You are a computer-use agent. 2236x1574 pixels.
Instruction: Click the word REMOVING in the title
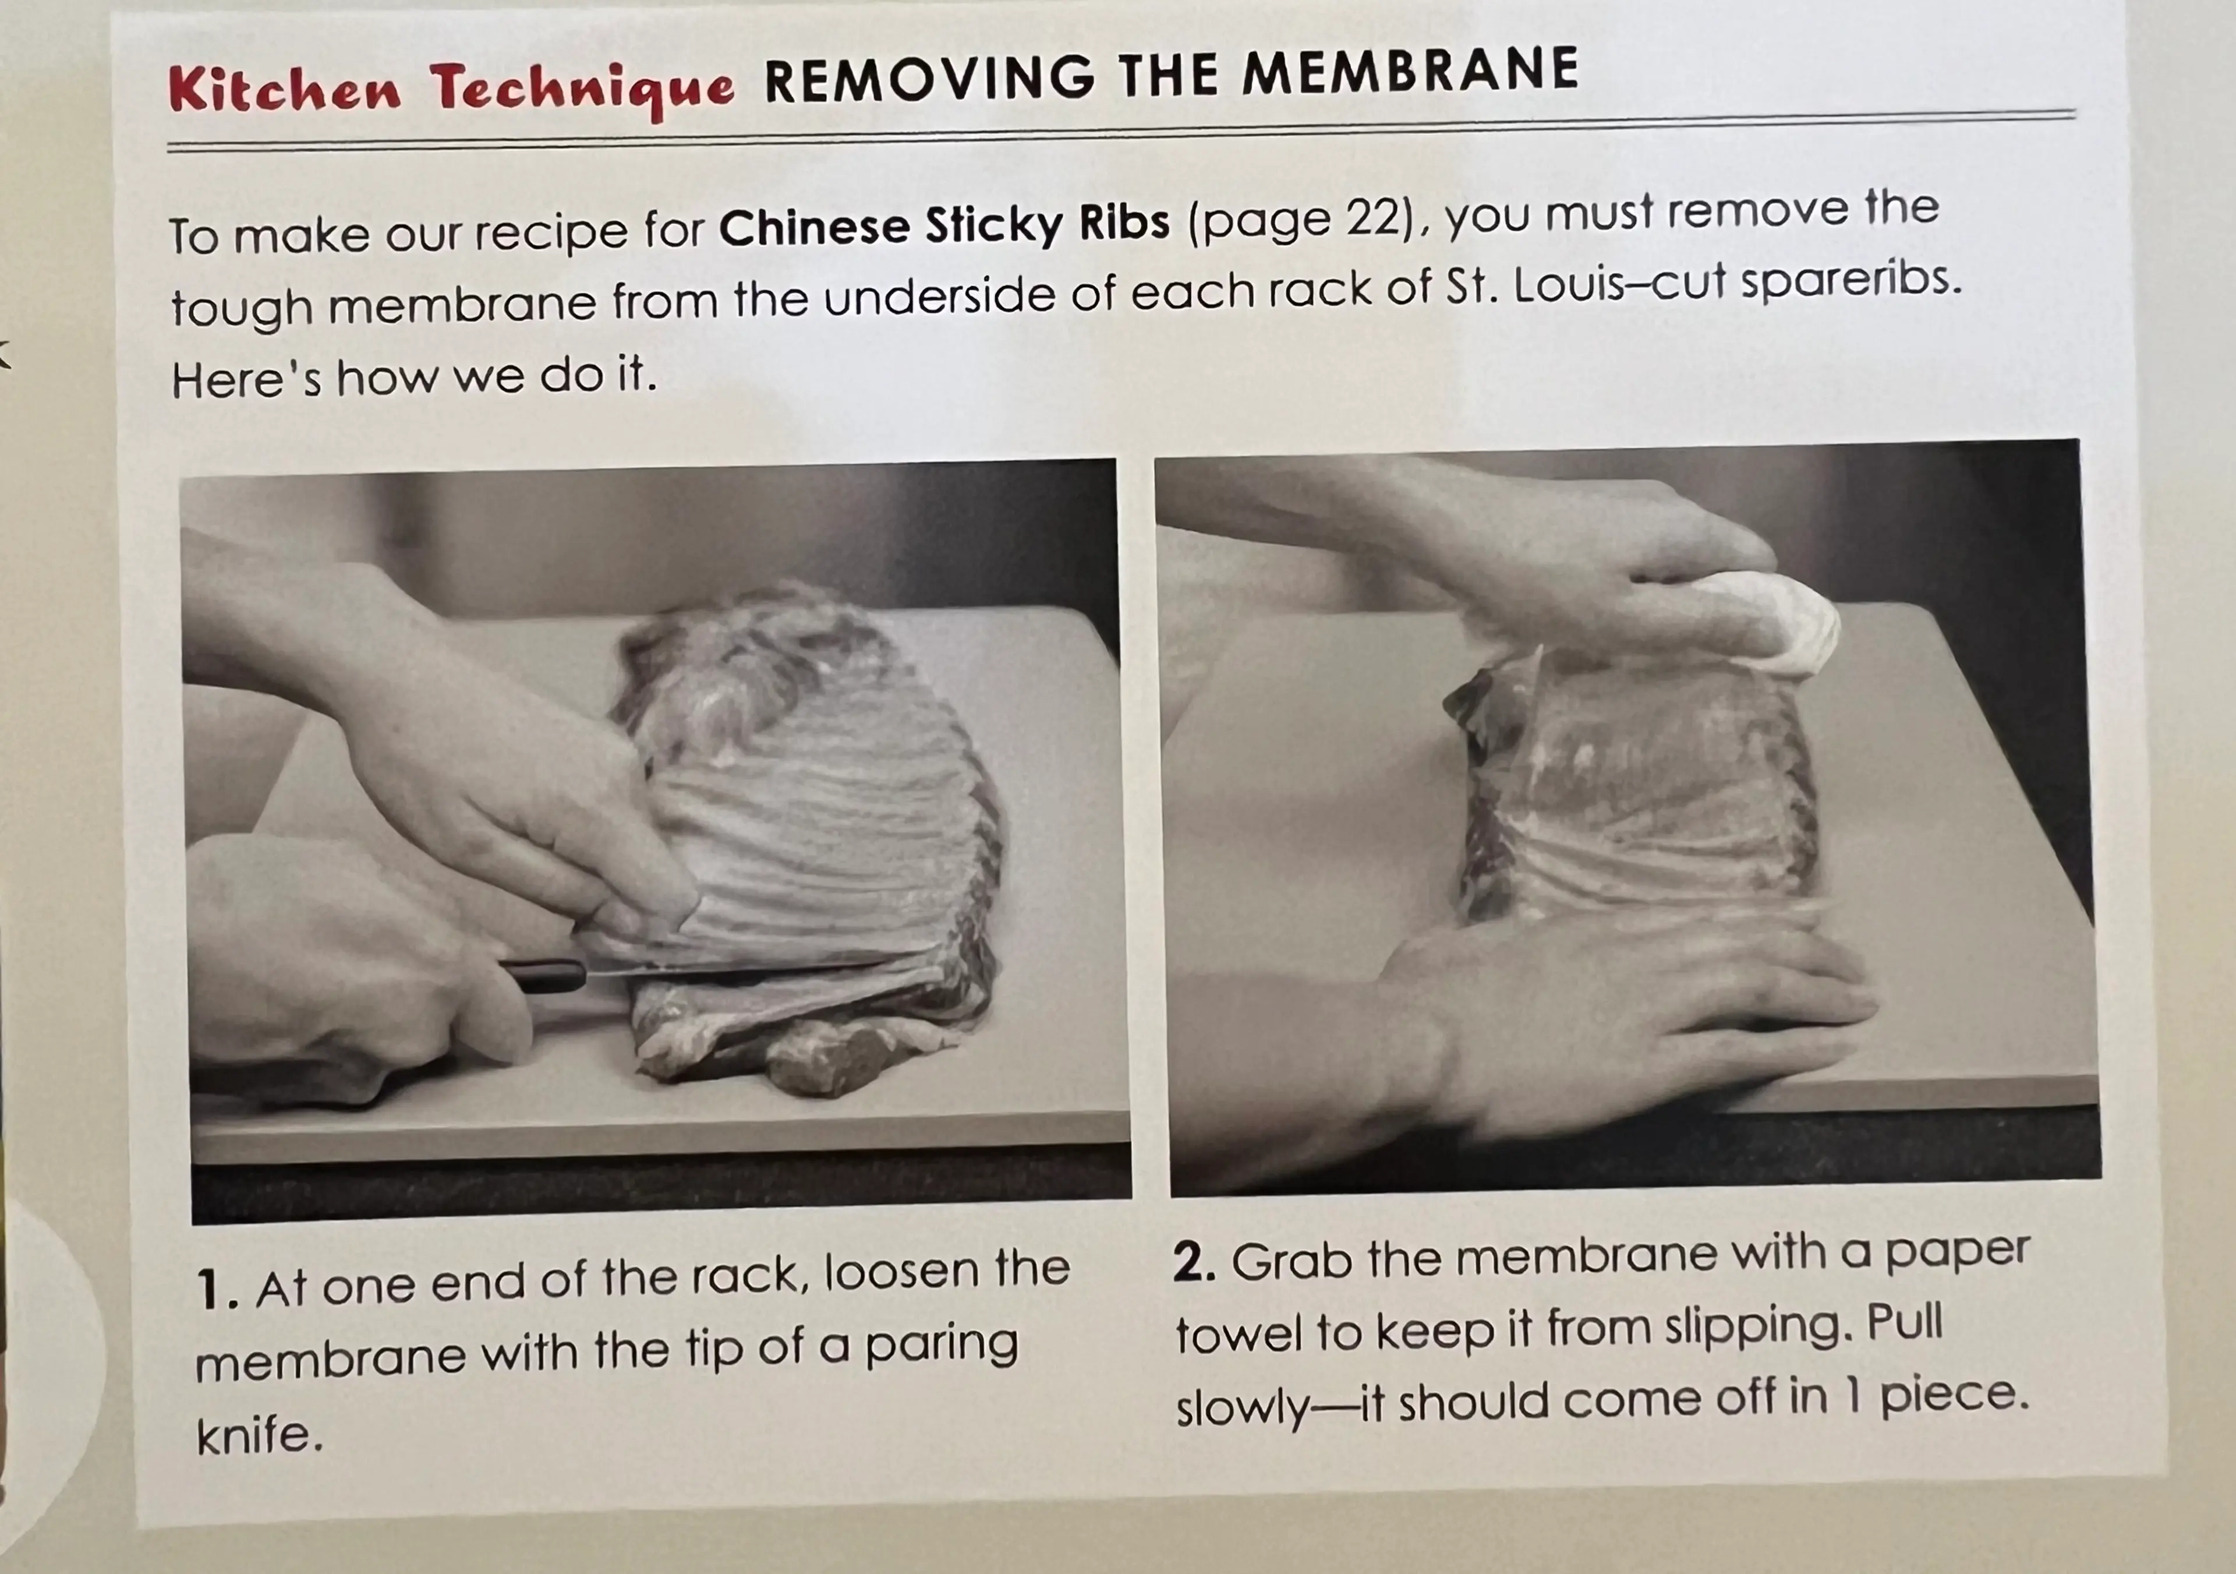(930, 78)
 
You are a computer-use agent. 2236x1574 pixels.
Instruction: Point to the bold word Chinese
(813, 227)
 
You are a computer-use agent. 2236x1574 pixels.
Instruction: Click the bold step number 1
(216, 1290)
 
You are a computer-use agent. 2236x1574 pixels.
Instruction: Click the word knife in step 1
(258, 1433)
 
